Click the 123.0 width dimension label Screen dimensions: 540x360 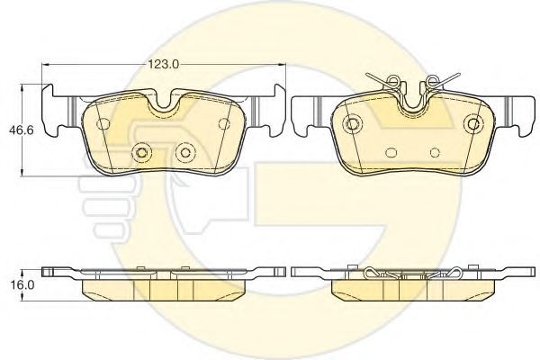164,65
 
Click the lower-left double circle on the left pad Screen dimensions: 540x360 141,152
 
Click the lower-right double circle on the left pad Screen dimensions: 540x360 185,152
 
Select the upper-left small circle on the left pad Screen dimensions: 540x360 103,123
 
